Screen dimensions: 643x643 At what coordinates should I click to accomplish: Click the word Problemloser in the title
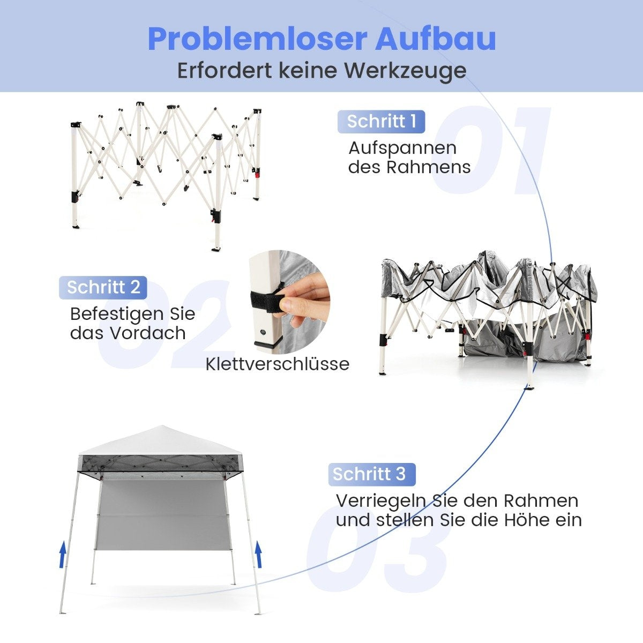[x=257, y=39]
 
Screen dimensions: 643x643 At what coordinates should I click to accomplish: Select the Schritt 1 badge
[x=382, y=122]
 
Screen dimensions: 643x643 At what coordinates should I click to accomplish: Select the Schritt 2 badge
[x=103, y=287]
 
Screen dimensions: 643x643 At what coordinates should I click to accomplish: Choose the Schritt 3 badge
[x=372, y=474]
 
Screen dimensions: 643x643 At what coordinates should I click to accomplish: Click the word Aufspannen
[x=402, y=148]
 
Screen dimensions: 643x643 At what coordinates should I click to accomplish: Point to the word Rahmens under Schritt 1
[x=429, y=167]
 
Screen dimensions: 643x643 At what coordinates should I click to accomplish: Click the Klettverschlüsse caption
[x=277, y=364]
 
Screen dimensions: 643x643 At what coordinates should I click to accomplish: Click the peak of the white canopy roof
[x=161, y=426]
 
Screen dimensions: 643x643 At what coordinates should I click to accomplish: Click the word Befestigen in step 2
[x=115, y=315]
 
